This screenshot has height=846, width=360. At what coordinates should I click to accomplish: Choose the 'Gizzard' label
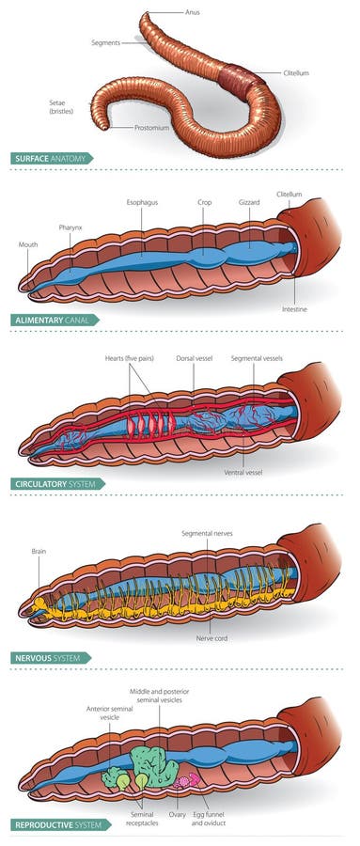(249, 202)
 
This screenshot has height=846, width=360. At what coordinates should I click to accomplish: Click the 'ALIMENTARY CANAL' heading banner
(56, 321)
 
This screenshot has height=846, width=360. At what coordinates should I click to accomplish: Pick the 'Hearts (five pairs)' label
(131, 359)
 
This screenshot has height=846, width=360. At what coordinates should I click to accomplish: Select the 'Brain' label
(38, 554)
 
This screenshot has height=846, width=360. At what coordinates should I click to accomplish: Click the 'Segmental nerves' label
(207, 533)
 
